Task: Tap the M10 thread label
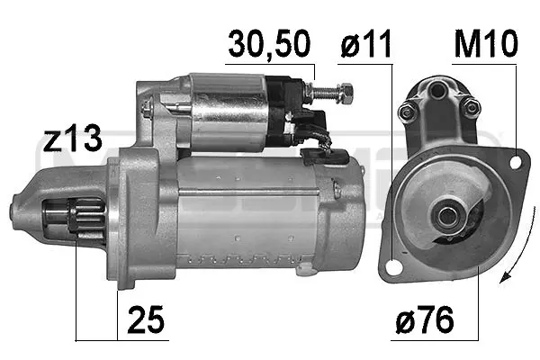tap(485, 44)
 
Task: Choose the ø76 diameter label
tap(424, 320)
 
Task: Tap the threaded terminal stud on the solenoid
tap(328, 90)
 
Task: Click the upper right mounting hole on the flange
tap(516, 162)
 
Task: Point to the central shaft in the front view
tap(445, 215)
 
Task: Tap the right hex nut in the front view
tap(469, 108)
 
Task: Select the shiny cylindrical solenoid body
tap(229, 112)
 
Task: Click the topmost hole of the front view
tap(438, 90)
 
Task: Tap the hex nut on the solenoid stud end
tap(345, 91)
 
